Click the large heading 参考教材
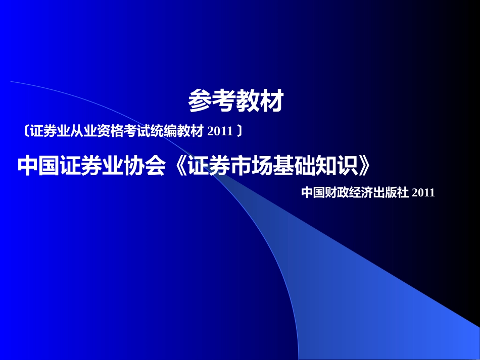pyautogui.click(x=235, y=101)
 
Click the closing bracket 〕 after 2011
pyautogui.click(x=239, y=132)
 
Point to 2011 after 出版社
pyautogui.click(x=423, y=192)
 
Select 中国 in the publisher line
pyautogui.click(x=310, y=192)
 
